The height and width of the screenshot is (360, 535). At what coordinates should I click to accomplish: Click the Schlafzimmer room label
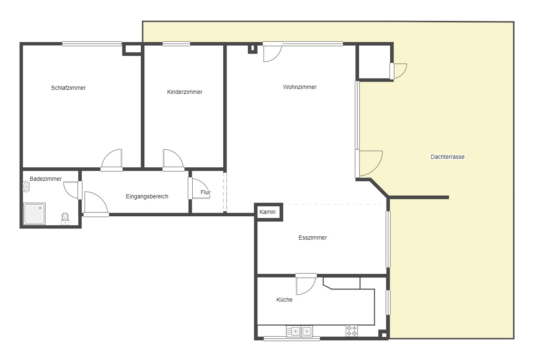[x=68, y=88]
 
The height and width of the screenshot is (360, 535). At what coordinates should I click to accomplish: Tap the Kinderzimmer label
[x=184, y=92]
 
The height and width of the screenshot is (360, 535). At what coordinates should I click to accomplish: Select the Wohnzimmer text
[x=300, y=87]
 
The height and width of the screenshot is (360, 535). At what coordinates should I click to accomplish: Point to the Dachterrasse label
[x=448, y=157]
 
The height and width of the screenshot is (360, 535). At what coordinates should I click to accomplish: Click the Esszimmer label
[x=313, y=238]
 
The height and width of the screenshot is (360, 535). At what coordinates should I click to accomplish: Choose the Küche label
[x=284, y=300]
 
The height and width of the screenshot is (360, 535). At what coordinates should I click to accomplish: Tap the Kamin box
[x=269, y=212]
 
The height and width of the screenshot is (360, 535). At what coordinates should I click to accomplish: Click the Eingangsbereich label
[x=147, y=196]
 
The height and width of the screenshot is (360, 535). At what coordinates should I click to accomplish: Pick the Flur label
[x=205, y=192]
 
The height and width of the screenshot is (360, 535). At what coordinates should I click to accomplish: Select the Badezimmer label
[x=46, y=179]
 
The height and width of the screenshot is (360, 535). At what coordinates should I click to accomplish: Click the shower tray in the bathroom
[x=34, y=214]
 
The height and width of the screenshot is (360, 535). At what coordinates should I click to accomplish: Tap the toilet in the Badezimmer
[x=65, y=219]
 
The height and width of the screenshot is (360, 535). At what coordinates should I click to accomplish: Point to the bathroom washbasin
[x=26, y=187]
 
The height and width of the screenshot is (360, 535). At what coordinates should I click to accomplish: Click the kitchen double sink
[x=300, y=331]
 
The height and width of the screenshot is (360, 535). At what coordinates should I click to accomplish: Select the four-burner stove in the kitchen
[x=352, y=331]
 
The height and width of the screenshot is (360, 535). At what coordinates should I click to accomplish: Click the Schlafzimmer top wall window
[x=92, y=44]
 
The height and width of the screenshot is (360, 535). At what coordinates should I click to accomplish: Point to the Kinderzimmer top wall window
[x=176, y=44]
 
